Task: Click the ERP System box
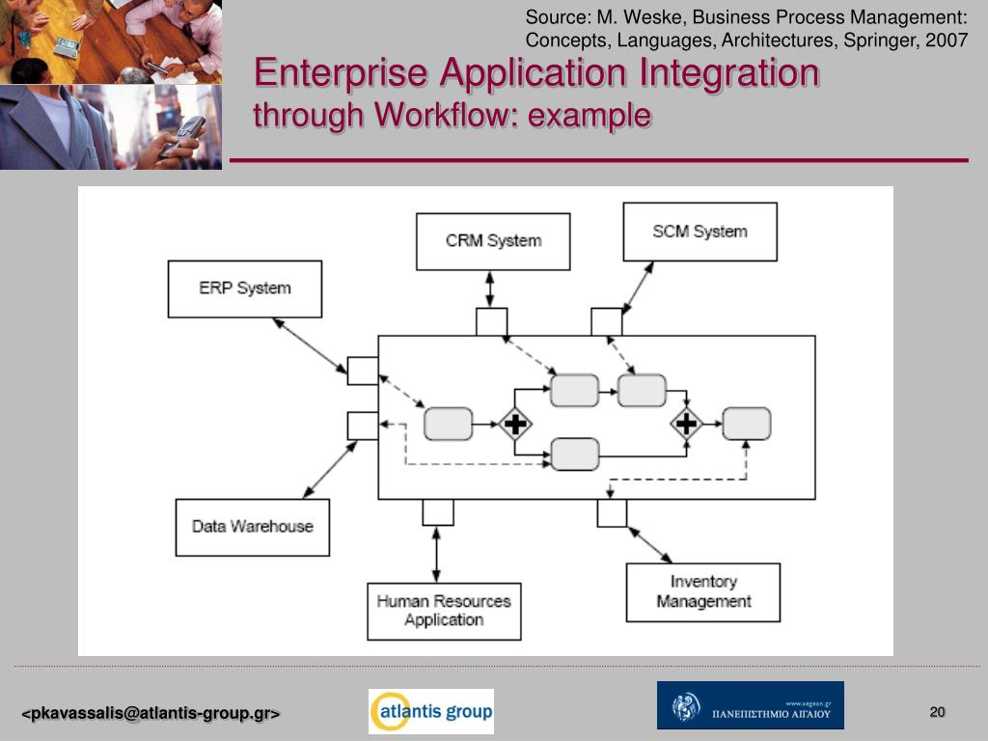245,288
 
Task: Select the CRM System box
493,241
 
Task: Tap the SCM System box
700,232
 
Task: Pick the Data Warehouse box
253,527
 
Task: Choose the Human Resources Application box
444,611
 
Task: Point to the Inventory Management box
703,591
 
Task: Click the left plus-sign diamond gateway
516,424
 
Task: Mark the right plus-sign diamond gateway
686,423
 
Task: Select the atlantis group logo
430,712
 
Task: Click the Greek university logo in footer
750,705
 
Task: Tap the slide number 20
937,712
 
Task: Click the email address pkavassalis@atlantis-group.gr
151,714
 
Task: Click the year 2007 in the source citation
948,41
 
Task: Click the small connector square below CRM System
491,322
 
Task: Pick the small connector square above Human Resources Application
438,511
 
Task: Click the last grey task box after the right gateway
747,424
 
